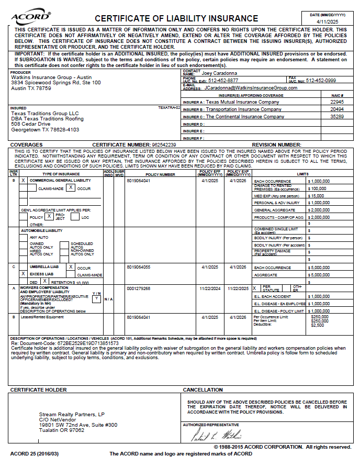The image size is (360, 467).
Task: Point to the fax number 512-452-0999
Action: [321, 81]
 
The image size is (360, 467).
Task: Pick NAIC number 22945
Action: [337, 102]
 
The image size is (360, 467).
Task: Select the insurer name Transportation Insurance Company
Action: [243, 109]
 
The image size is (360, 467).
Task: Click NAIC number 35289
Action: [337, 117]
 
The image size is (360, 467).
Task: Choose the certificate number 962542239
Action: [164, 144]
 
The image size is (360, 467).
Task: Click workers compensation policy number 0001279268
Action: [138, 288]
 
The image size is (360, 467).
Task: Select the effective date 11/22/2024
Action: [210, 288]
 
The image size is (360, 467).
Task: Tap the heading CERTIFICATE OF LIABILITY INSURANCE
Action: [176, 19]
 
